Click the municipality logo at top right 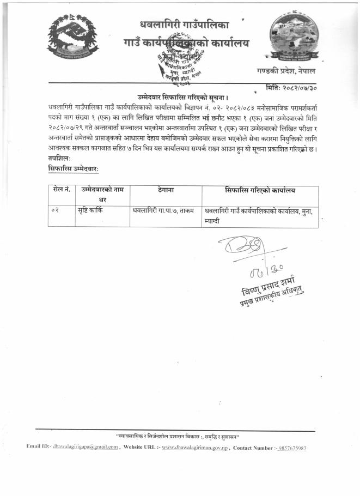[x=292, y=37]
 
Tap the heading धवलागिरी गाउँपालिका [x=185, y=24]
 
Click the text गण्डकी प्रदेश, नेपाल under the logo [x=285, y=71]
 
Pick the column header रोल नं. [x=62, y=190]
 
